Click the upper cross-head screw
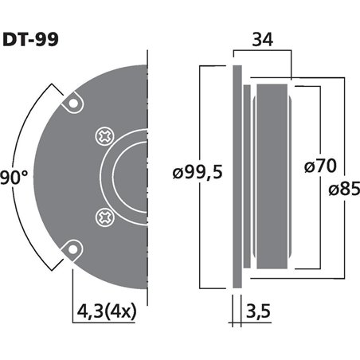tap(104, 136)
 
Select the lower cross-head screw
tap(104, 215)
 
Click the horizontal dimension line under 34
tap(262, 55)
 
